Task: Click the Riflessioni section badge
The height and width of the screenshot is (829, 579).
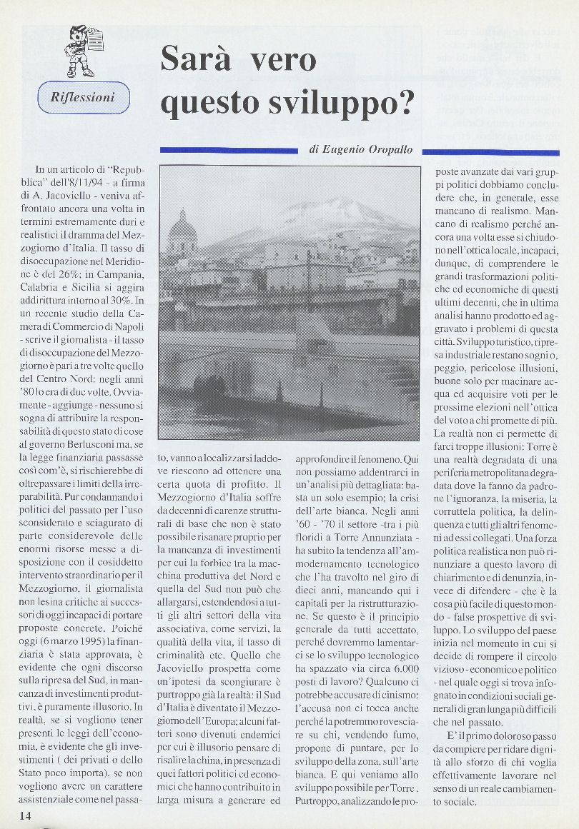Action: pyautogui.click(x=83, y=97)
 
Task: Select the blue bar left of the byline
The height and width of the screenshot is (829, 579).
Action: pyautogui.click(x=228, y=150)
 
